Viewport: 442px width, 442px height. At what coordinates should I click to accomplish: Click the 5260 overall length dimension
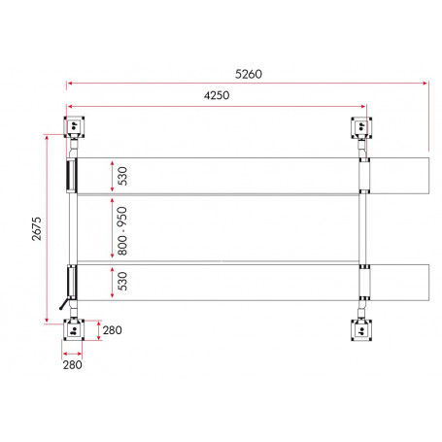[x=248, y=74]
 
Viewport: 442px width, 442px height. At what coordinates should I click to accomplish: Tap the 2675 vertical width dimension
[x=35, y=230]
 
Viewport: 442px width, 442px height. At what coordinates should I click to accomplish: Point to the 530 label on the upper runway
[x=122, y=176]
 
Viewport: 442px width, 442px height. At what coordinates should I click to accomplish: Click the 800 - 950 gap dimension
[x=122, y=230]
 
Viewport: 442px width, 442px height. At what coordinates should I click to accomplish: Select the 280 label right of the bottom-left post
[x=112, y=330]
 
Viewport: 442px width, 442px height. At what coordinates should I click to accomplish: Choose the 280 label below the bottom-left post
[x=74, y=365]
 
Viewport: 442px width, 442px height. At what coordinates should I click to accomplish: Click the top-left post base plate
[x=74, y=126]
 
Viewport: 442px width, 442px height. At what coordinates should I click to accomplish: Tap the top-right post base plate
[x=361, y=126]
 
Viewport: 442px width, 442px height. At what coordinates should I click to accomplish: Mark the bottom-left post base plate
[x=74, y=330]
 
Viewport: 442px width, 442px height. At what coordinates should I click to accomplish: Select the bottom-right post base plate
[x=361, y=330]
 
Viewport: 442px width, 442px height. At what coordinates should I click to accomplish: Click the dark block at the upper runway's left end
[x=70, y=176]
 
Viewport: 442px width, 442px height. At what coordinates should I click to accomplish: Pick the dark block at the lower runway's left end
[x=70, y=283]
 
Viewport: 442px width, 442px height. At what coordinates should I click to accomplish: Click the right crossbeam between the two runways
[x=361, y=230]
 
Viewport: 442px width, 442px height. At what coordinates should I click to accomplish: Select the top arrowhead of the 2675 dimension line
[x=46, y=136]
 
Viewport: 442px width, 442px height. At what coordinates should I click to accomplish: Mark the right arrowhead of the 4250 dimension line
[x=364, y=107]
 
